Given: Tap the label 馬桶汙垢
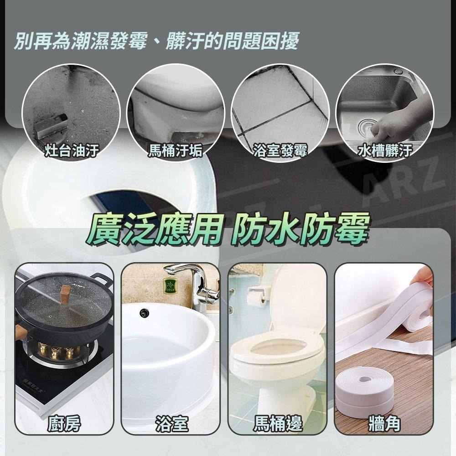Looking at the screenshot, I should coord(176,150).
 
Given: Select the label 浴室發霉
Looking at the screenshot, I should coord(280,150).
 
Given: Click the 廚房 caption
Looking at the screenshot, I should coord(64,424).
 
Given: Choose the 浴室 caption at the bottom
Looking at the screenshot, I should coord(171,424).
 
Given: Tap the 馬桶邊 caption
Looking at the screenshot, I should coord(278,424).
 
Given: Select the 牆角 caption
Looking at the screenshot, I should coord(384,424).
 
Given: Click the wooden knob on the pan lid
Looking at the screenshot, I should coord(66,293).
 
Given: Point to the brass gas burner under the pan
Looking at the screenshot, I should coord(58,352).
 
